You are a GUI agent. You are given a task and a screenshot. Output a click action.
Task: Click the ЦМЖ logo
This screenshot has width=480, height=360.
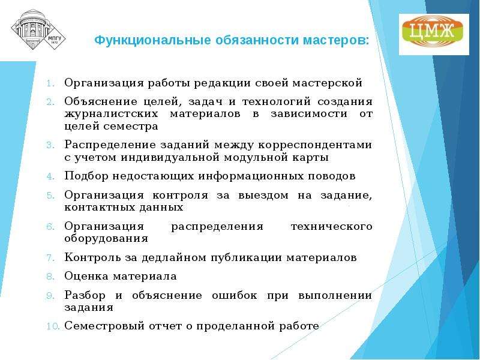[434, 34]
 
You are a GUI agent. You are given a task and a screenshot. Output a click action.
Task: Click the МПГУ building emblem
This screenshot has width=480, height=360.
[38, 30]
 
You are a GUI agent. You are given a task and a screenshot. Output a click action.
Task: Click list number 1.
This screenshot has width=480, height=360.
[51, 83]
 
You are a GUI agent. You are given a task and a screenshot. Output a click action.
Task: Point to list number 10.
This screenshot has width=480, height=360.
[52, 326]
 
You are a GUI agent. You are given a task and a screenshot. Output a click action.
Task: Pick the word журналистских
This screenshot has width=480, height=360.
[112, 114]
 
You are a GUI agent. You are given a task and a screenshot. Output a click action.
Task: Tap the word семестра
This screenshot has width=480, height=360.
[131, 126]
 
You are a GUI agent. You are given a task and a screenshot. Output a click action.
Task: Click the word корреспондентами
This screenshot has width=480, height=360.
[315, 145]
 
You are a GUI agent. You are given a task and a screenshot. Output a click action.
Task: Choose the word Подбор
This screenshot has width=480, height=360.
[86, 176]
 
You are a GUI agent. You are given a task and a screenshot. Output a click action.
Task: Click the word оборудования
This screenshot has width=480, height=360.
[106, 238]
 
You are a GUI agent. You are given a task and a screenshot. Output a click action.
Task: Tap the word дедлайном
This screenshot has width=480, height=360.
[174, 258]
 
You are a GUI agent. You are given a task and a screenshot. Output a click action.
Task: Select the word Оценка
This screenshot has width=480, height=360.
[86, 276]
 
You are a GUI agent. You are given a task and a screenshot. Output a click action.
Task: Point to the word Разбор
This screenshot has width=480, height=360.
[85, 295]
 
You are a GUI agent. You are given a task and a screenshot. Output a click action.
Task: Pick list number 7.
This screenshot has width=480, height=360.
[51, 258]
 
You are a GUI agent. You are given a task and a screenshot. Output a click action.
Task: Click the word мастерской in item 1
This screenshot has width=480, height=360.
[327, 83]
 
